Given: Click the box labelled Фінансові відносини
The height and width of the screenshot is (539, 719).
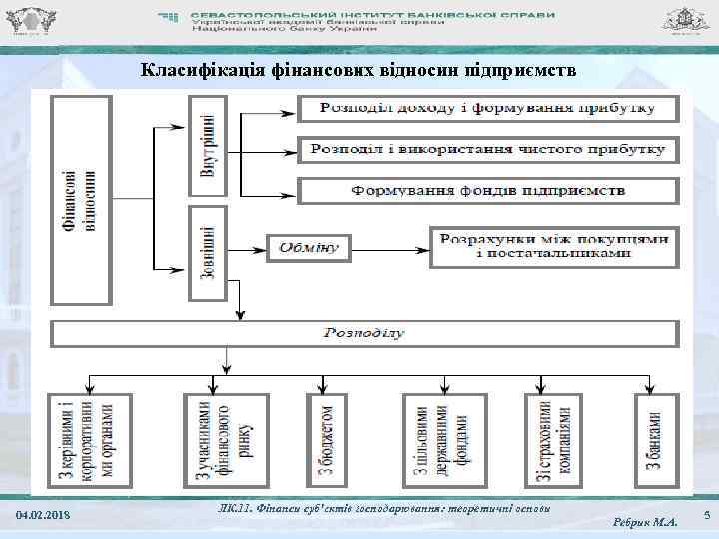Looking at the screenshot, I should (x=82, y=200).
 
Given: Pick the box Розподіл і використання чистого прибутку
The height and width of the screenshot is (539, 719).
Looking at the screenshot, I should (x=487, y=149).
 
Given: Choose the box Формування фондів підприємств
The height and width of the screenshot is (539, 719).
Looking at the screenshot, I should (x=487, y=189).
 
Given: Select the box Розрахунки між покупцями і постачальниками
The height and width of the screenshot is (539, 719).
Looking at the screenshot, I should (x=554, y=246).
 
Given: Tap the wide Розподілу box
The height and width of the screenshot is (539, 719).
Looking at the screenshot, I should (x=363, y=333).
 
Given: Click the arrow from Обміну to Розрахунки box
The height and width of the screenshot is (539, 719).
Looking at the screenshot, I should (x=389, y=246).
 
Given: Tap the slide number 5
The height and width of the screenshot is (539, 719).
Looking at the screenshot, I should (x=705, y=514).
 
